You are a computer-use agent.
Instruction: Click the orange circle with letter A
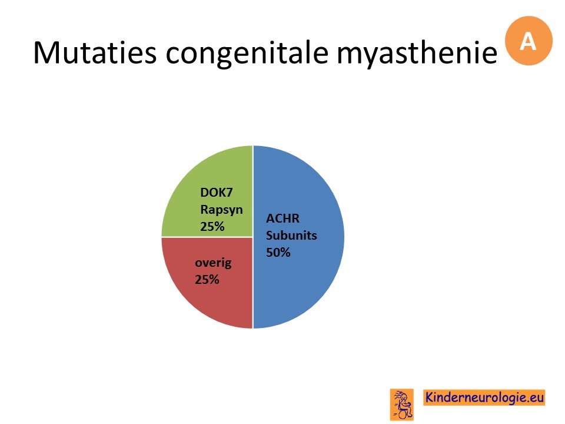coord(529,41)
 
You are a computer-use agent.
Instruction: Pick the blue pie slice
coord(299,237)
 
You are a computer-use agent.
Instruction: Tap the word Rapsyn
coord(221,210)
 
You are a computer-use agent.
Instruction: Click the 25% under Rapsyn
coord(212,226)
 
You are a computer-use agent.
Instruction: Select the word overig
coord(213,263)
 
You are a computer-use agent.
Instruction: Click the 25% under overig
coord(207,279)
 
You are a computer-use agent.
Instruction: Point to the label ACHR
coord(283,218)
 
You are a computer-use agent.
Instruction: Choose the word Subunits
coord(291,236)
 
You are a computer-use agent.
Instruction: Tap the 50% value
coord(278,253)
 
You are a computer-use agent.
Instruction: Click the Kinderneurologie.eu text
coord(484,397)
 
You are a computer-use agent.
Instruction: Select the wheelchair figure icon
coord(402,405)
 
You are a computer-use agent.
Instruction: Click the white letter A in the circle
coord(528,41)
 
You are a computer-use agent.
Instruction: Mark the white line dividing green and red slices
coord(207,237)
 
